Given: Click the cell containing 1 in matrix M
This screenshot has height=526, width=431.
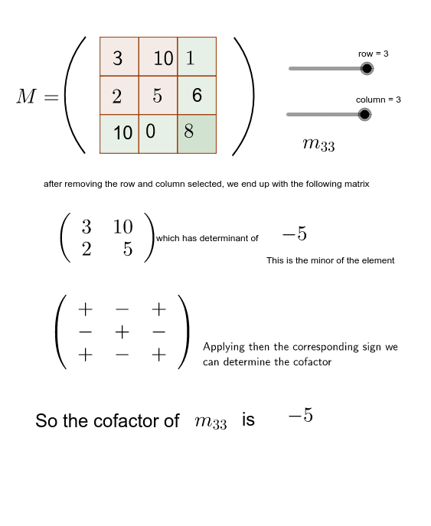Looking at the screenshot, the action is [197, 57].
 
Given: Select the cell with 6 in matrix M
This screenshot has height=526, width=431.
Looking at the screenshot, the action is [197, 95].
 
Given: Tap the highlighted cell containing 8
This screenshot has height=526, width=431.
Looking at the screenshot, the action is [197, 133].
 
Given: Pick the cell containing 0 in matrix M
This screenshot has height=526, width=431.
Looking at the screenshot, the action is [158, 133].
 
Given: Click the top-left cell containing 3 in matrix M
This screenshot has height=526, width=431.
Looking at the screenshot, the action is [119, 57].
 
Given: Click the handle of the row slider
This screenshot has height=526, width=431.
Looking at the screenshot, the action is [367, 69].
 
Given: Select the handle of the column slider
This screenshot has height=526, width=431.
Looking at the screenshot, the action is [364, 115].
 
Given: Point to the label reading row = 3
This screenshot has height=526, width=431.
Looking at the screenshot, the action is [374, 54].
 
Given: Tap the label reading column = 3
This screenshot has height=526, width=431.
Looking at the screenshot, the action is [378, 100].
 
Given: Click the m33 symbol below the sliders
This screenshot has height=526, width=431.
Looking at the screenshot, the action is [318, 144].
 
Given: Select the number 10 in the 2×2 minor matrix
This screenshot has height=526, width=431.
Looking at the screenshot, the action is [122, 227].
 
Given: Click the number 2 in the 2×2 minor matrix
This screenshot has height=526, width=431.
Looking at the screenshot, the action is [86, 250].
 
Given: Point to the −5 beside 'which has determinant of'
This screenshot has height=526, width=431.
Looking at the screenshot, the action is [294, 234].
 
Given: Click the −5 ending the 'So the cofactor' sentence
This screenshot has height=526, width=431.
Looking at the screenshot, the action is [300, 417].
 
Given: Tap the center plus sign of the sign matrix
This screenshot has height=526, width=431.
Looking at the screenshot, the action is [122, 332].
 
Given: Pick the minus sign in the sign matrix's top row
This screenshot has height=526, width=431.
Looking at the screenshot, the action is [122, 310].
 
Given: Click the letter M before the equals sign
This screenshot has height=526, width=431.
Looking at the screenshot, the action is [26, 96].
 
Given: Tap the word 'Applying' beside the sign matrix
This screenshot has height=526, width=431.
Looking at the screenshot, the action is [223, 347].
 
